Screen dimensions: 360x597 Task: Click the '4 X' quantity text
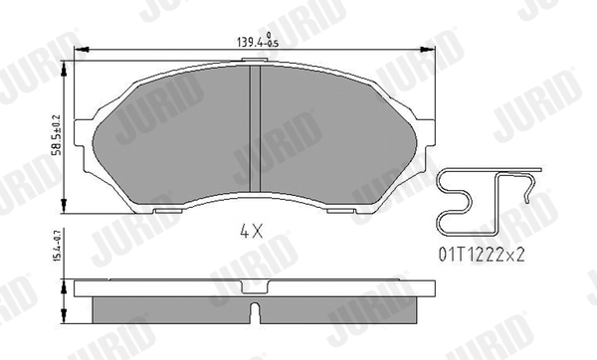click(250, 232)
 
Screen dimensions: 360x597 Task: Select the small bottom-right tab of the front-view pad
click(350, 211)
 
